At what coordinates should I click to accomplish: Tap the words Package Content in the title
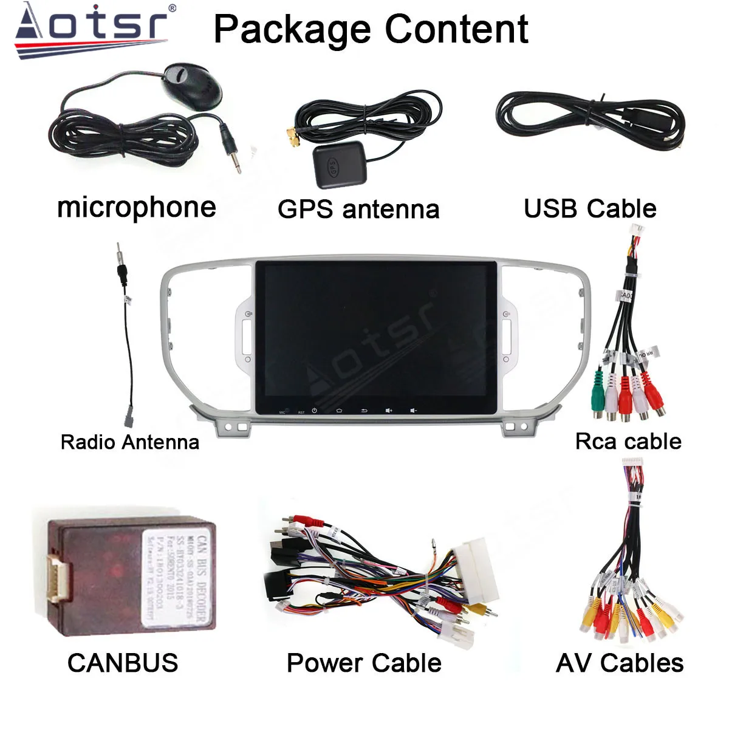tap(371, 29)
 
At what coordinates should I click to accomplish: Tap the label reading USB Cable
tap(590, 208)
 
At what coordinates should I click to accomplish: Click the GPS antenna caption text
tap(358, 209)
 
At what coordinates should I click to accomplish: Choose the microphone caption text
tap(137, 207)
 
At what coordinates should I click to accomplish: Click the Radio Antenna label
tap(130, 442)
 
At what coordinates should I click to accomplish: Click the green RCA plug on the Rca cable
tap(598, 394)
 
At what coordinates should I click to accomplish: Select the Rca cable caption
tap(628, 441)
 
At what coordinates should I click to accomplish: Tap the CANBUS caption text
tap(123, 663)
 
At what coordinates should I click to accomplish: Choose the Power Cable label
tap(364, 663)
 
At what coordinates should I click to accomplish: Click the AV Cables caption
tap(620, 663)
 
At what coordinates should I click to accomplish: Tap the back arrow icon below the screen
tap(364, 410)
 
